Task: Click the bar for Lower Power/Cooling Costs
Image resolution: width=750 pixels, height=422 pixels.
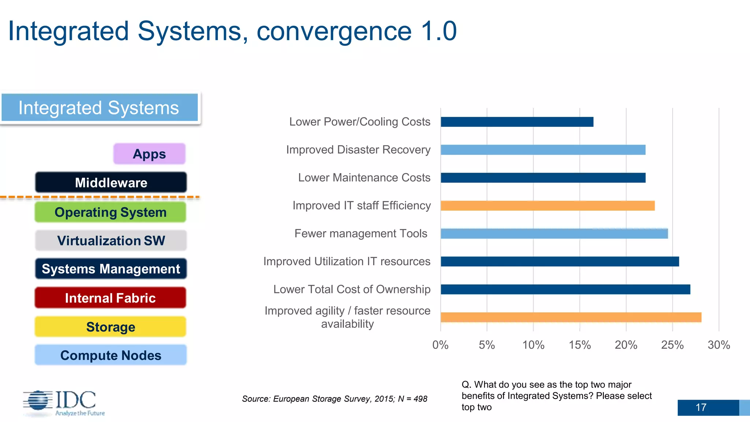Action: [x=517, y=122]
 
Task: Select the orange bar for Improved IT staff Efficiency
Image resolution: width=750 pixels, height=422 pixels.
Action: [x=547, y=206]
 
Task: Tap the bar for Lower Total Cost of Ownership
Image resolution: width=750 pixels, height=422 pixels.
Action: [x=565, y=289]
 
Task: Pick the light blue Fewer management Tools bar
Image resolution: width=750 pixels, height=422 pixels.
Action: [x=554, y=234]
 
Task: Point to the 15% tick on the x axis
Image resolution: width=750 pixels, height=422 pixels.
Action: [x=580, y=345]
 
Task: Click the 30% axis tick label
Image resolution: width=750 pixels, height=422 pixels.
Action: [x=719, y=345]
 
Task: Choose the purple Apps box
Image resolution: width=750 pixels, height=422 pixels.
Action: [x=149, y=154]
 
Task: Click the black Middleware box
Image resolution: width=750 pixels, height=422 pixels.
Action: [x=111, y=182]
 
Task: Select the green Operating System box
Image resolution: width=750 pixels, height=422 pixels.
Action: [x=110, y=212]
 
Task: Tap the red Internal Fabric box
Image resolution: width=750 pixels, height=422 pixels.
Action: [x=110, y=298]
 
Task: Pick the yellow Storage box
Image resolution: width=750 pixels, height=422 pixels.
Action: [x=110, y=327]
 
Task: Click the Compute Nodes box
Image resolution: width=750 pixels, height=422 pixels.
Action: [x=111, y=355]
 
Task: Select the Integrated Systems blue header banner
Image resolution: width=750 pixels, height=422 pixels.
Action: [x=99, y=108]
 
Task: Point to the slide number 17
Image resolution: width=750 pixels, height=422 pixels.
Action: [x=701, y=407]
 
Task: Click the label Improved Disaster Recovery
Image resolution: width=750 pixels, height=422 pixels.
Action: [x=358, y=150]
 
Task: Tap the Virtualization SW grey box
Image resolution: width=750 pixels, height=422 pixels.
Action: [x=111, y=241]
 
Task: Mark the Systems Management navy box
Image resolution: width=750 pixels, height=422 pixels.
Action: [x=111, y=269]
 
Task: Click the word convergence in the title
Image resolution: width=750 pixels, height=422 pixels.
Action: [x=334, y=31]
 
